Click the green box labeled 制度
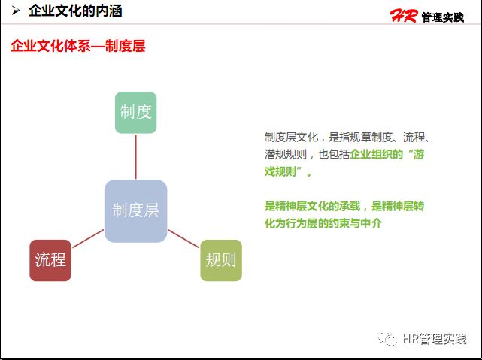tap(135, 113)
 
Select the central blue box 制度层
tap(135, 211)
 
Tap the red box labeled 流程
tap(50, 260)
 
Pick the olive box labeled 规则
tap(221, 260)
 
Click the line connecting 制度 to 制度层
tap(135, 156)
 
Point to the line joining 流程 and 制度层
tap(88, 238)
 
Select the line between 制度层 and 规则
tap(183, 238)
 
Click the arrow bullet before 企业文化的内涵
tap(15, 11)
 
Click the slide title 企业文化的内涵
tap(75, 11)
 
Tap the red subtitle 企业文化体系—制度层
tap(77, 46)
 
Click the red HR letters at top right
tap(403, 16)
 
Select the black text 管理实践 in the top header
tap(443, 17)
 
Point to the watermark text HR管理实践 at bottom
tap(435, 340)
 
